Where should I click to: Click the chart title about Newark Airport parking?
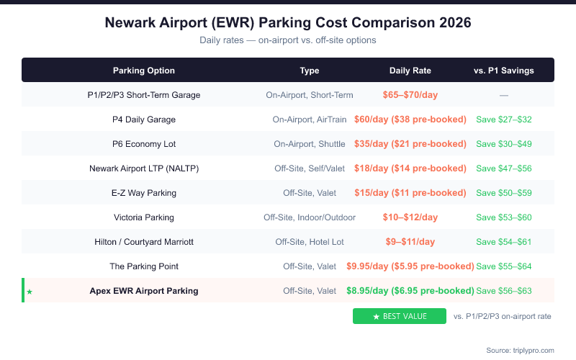click(288, 22)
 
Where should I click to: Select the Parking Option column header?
click(144, 71)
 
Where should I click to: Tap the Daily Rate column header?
click(410, 71)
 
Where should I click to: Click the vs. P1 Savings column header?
click(504, 71)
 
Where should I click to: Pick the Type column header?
click(310, 71)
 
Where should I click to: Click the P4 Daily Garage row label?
click(144, 120)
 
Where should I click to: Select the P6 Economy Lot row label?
click(144, 144)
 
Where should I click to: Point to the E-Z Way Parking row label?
click(144, 193)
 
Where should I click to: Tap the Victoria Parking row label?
click(144, 217)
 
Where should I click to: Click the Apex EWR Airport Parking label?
click(144, 291)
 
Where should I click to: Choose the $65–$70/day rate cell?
click(410, 95)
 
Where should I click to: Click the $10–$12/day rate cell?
click(410, 217)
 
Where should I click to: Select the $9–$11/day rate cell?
click(410, 242)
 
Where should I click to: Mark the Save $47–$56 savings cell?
click(504, 168)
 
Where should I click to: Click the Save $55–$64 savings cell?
click(504, 266)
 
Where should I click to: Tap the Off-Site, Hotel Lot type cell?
click(310, 242)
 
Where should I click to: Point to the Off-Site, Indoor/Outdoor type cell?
click(310, 217)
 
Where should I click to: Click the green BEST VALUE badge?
click(400, 316)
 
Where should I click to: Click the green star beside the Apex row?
click(30, 292)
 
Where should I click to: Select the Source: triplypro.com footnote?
click(520, 350)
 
